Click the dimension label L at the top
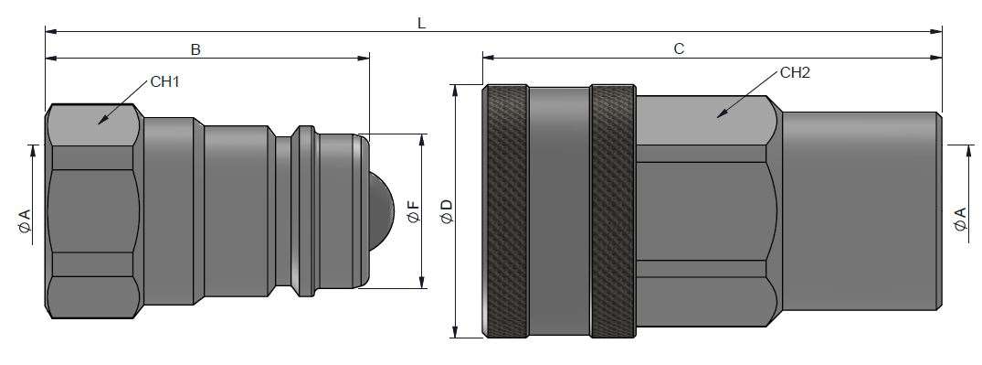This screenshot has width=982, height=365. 421,23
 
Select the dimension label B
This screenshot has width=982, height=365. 195,50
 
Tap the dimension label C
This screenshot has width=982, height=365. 680,49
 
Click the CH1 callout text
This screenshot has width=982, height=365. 165,81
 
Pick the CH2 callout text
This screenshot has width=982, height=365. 796,73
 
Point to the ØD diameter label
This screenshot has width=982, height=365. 447,210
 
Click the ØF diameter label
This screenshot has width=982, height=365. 413,211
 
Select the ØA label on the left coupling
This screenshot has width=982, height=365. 25,221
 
